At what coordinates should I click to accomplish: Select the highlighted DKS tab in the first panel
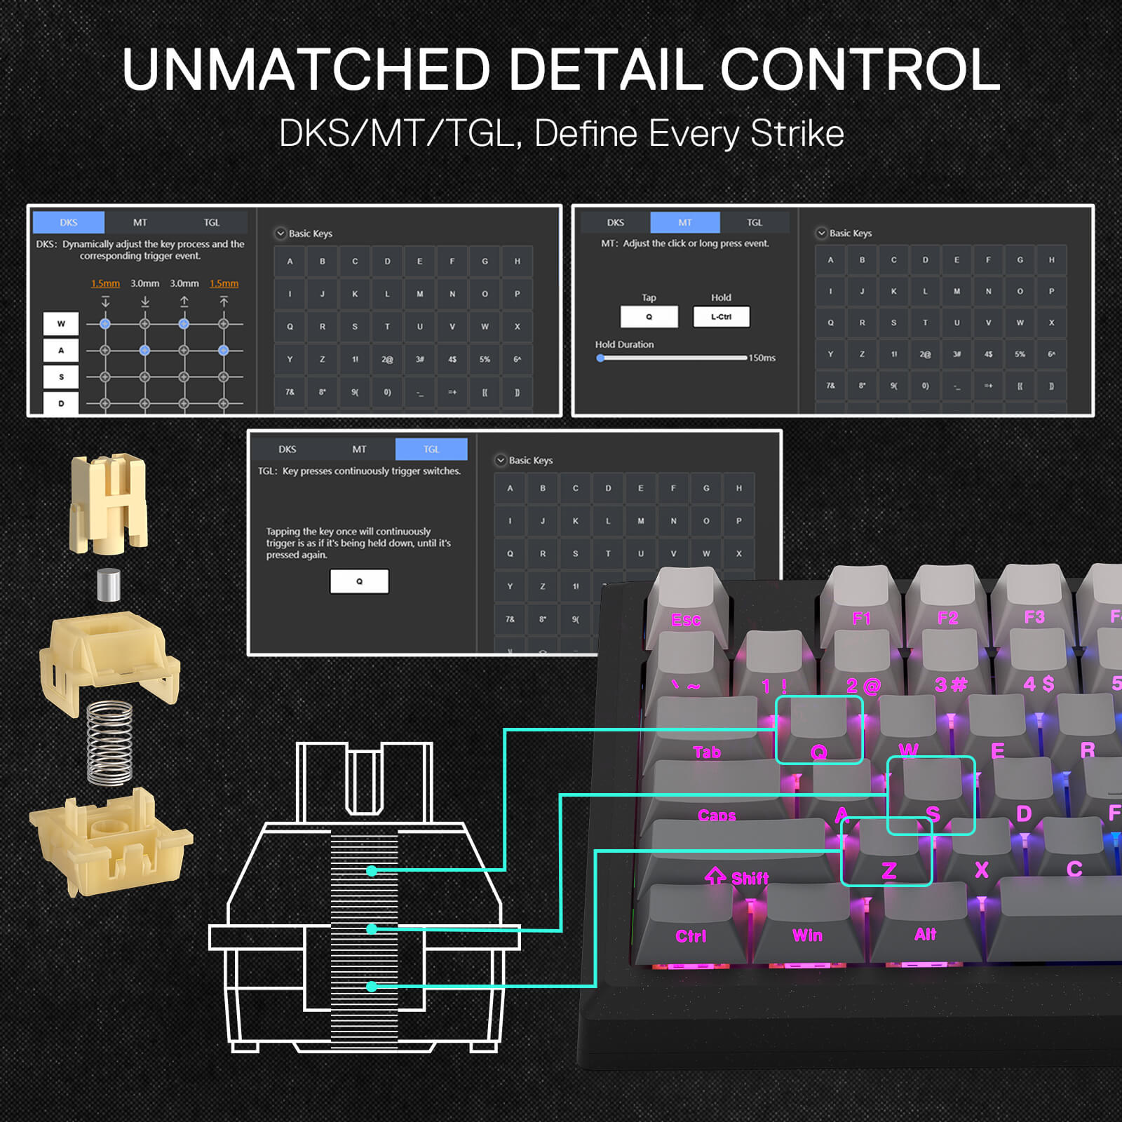pyautogui.click(x=69, y=222)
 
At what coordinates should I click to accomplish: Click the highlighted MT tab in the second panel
pyautogui.click(x=684, y=222)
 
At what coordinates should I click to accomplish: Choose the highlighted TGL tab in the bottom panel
pyautogui.click(x=431, y=449)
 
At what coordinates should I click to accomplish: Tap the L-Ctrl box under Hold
pyautogui.click(x=721, y=317)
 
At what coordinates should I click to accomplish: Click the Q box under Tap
pyautogui.click(x=649, y=317)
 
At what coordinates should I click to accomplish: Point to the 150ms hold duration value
pyautogui.click(x=762, y=358)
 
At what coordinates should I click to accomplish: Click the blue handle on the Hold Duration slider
pyautogui.click(x=601, y=358)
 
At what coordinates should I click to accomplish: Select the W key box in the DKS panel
pyautogui.click(x=61, y=324)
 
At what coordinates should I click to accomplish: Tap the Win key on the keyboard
pyautogui.click(x=808, y=926)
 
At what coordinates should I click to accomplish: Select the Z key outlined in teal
pyautogui.click(x=887, y=852)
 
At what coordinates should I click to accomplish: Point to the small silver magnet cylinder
pyautogui.click(x=108, y=585)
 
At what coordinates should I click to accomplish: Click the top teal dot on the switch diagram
pyautogui.click(x=372, y=871)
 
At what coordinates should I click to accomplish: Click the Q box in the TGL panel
pyautogui.click(x=359, y=581)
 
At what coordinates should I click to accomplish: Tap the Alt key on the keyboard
pyautogui.click(x=925, y=924)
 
